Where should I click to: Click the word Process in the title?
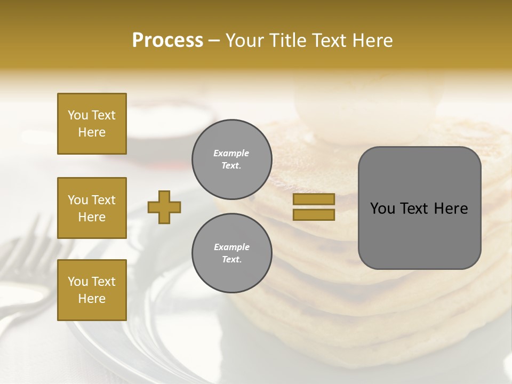167,41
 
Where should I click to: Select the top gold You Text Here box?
92,124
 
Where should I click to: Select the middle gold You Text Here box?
92,208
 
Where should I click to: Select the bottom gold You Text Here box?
92,290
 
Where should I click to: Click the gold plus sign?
164,207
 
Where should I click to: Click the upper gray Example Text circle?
231,159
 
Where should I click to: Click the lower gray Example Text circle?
231,253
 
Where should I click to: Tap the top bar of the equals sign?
314,199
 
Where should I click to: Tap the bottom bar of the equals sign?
314,214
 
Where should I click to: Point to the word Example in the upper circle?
231,153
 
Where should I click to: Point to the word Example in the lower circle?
231,247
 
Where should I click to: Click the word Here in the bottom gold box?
92,299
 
